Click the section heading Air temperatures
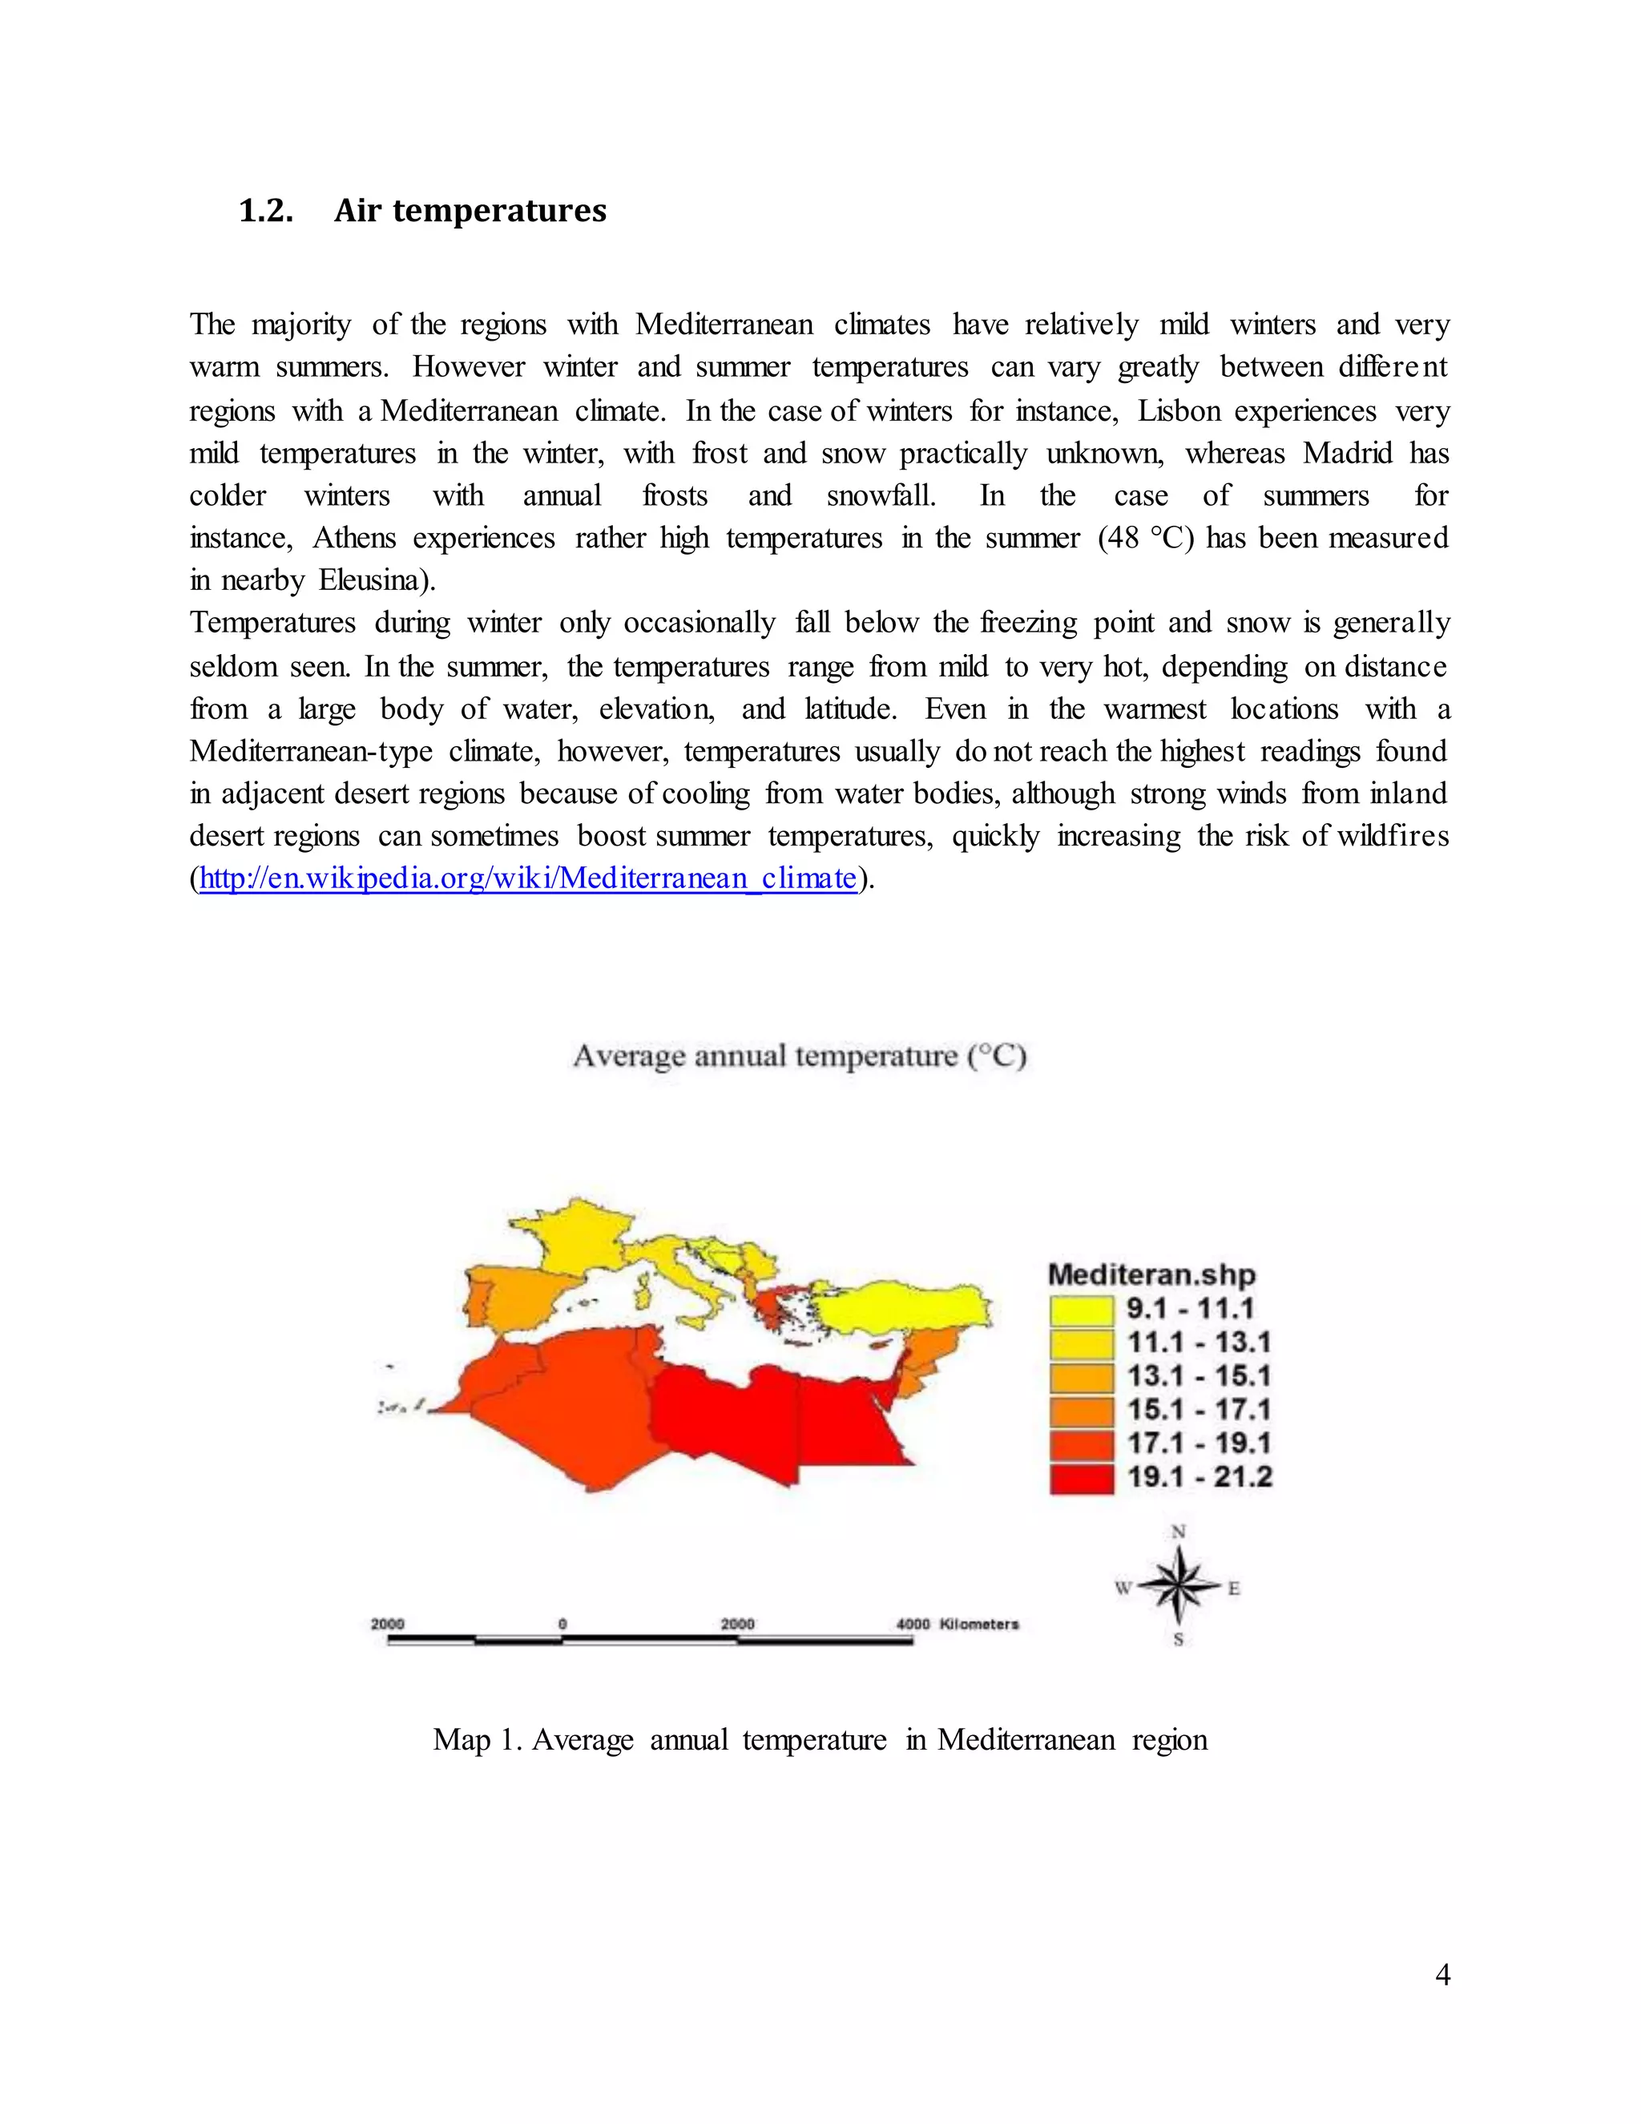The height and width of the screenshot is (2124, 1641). pos(470,211)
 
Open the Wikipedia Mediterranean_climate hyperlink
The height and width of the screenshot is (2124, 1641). pos(528,879)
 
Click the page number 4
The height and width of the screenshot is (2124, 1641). pos(1441,1975)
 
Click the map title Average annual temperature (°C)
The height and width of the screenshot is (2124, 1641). pos(799,1056)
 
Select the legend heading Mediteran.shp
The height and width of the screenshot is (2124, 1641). pos(1151,1275)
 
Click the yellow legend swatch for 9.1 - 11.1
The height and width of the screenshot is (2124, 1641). pos(1081,1310)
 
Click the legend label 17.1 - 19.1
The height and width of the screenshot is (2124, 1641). pos(1198,1444)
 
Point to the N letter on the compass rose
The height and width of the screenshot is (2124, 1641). pos(1178,1532)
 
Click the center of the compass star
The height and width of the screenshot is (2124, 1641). pos(1178,1586)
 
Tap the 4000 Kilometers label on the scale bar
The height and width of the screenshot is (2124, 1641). pos(957,1624)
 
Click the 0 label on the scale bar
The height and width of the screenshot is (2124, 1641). pos(562,1624)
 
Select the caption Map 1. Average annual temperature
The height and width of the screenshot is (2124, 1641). pos(820,1740)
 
